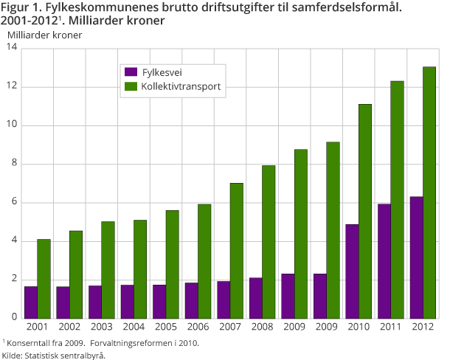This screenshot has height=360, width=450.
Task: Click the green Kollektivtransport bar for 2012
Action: click(429, 192)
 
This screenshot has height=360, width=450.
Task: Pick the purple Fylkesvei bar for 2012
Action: click(416, 257)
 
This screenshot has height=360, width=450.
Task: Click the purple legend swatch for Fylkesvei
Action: click(131, 72)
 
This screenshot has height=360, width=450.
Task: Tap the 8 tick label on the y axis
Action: click(13, 164)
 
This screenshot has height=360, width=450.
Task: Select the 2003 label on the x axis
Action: click(102, 327)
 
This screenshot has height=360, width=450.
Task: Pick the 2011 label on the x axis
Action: click(390, 327)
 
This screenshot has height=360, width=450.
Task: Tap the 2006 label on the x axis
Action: click(198, 327)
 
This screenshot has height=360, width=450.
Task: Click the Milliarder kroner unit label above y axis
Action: click(44, 34)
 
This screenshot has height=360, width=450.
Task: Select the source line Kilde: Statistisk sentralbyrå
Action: click(53, 355)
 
